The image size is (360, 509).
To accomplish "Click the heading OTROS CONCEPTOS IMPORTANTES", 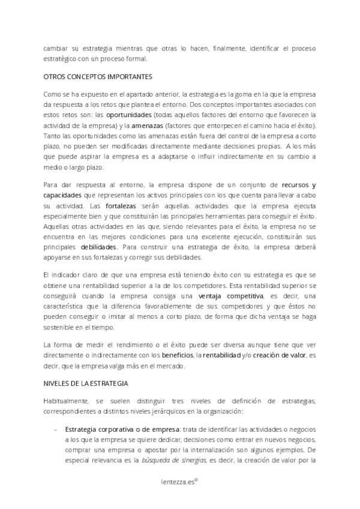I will (x=98, y=77).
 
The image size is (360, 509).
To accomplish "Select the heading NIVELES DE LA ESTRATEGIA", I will (x=88, y=383).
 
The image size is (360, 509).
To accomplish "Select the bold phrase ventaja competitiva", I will (x=230, y=297).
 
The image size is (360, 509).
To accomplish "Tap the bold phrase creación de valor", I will (x=277, y=355).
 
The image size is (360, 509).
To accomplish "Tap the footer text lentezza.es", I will (x=178, y=481).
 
